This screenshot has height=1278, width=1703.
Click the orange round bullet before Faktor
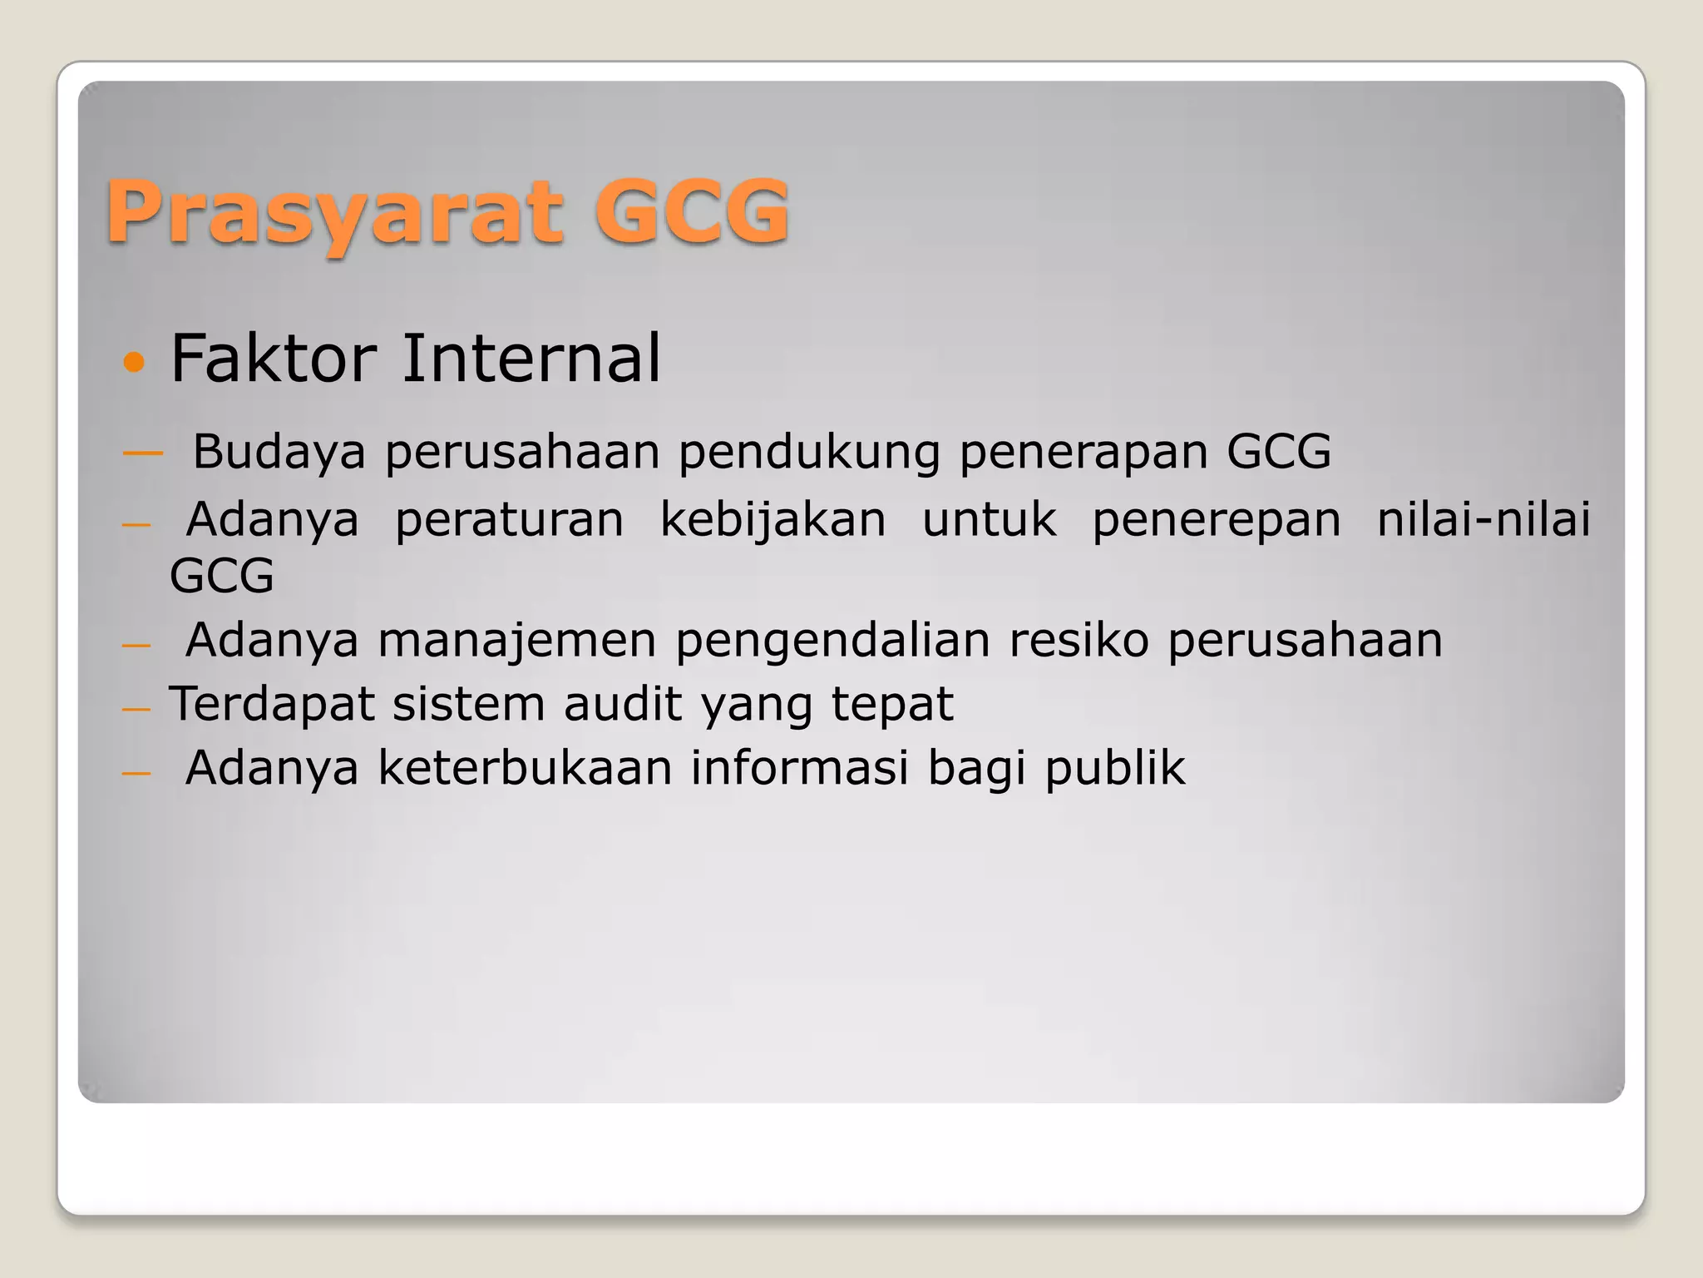pyautogui.click(x=133, y=362)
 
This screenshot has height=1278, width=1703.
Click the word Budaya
pyautogui.click(x=279, y=453)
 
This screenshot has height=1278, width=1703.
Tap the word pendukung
pyautogui.click(x=809, y=453)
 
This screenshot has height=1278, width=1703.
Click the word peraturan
pyautogui.click(x=509, y=521)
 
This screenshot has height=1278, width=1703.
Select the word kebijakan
pyautogui.click(x=773, y=521)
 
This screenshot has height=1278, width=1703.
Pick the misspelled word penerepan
pyautogui.click(x=1217, y=521)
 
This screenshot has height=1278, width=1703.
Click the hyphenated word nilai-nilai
pyautogui.click(x=1483, y=519)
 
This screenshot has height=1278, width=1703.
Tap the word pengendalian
pyautogui.click(x=832, y=641)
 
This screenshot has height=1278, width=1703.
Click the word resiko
pyautogui.click(x=1079, y=640)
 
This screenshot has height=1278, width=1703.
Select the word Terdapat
pyautogui.click(x=272, y=706)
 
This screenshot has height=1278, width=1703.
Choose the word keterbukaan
pyautogui.click(x=525, y=767)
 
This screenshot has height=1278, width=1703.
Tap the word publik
pyautogui.click(x=1115, y=769)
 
